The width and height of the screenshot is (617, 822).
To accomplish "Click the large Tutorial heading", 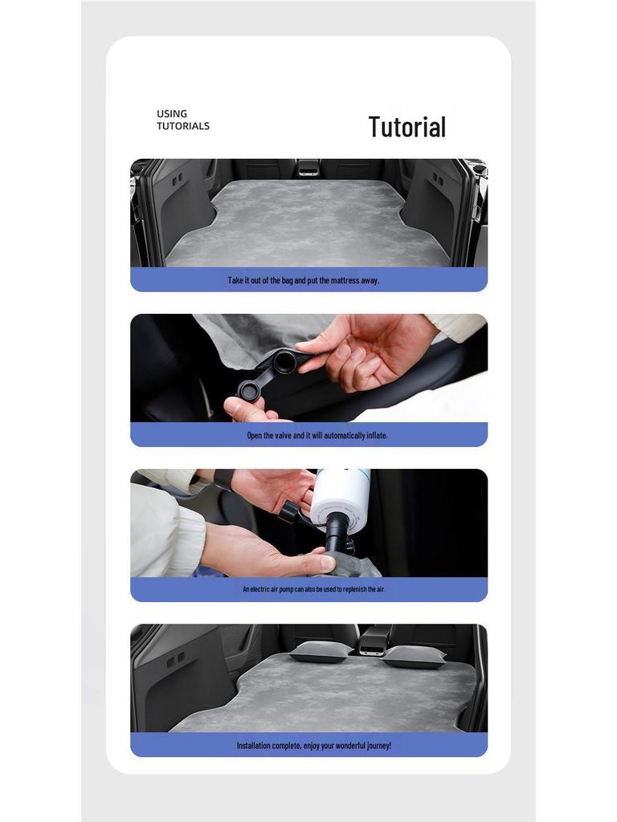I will (x=407, y=127).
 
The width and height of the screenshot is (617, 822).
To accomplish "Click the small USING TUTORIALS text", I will (x=182, y=120).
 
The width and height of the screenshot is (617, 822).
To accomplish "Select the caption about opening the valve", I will (x=317, y=435).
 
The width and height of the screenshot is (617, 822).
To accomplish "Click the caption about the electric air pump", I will (x=314, y=589).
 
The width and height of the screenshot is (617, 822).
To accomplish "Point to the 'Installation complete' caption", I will (x=313, y=745).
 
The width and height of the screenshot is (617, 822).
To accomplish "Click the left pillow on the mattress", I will (x=321, y=652).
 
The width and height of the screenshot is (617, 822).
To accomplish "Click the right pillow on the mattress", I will (x=414, y=657).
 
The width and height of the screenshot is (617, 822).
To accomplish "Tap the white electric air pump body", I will (x=340, y=493).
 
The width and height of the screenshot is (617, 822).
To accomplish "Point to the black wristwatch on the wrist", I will (x=223, y=480).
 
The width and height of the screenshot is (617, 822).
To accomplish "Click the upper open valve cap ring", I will (x=284, y=362).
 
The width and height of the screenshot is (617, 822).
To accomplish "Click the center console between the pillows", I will (x=374, y=640).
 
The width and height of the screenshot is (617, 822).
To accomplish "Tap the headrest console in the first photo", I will (x=308, y=167).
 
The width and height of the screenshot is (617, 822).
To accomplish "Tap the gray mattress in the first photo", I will (x=308, y=225).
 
